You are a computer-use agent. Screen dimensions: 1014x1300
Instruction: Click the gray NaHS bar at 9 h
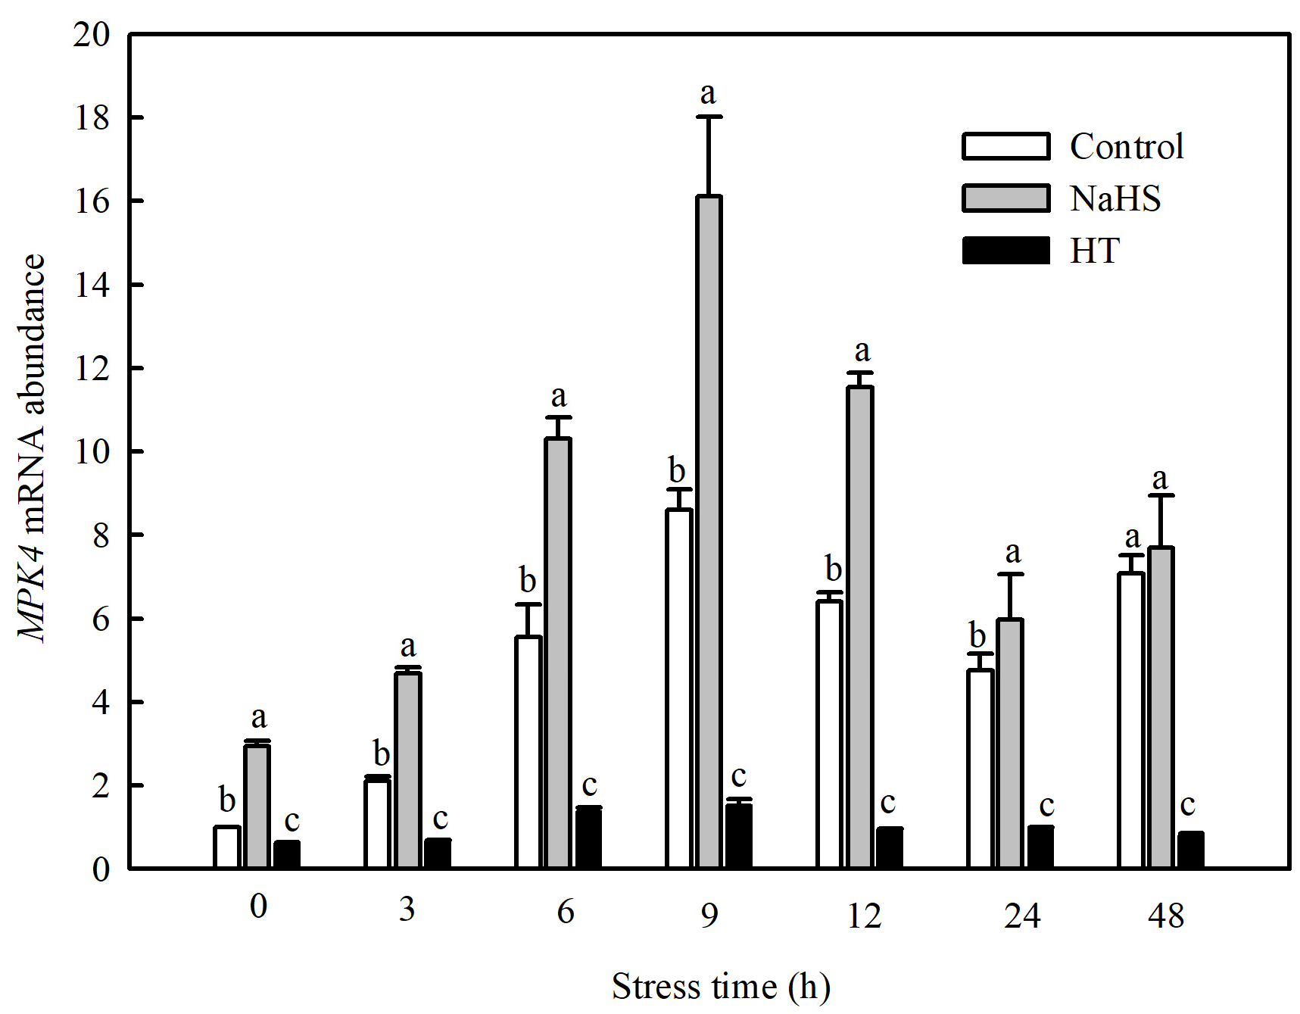tap(709, 530)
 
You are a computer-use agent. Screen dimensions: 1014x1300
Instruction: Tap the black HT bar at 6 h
tap(588, 838)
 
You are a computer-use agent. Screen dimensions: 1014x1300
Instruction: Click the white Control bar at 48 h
tap(1130, 719)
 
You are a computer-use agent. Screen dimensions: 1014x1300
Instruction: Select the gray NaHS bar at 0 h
tap(257, 806)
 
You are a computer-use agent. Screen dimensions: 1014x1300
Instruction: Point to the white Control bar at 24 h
tap(980, 768)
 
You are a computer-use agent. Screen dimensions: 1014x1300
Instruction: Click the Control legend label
tap(1126, 147)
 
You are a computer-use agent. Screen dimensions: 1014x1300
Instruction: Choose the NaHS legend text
tap(1115, 198)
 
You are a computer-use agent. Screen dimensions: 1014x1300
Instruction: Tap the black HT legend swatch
tap(1005, 251)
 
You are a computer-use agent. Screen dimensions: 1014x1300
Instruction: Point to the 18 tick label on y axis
tap(92, 118)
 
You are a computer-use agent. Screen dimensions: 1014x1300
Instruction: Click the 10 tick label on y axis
tap(92, 452)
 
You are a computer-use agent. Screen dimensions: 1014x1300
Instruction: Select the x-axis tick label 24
tap(1021, 916)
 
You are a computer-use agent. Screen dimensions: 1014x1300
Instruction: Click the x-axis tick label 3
tap(407, 909)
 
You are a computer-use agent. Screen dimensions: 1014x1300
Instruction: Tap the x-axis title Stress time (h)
tap(720, 987)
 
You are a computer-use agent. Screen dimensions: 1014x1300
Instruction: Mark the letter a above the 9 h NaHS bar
tap(708, 93)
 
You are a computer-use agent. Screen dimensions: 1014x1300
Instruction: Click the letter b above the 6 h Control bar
tap(528, 581)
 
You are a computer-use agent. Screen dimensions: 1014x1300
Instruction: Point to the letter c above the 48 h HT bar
tap(1187, 804)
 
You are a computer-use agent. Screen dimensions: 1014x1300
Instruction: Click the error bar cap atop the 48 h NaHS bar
tap(1161, 495)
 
